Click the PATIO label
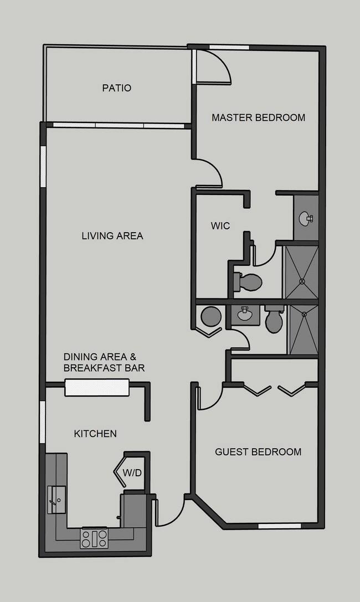coord(116,88)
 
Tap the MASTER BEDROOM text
coord(258,117)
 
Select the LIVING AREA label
coord(112,236)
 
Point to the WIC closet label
coord(220,226)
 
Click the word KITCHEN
coord(95,434)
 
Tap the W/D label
coord(132,473)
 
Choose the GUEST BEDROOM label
coord(258,452)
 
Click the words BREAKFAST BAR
coord(104,368)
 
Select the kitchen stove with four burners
coord(94,538)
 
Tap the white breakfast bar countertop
coord(97,387)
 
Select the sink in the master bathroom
coord(305,218)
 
